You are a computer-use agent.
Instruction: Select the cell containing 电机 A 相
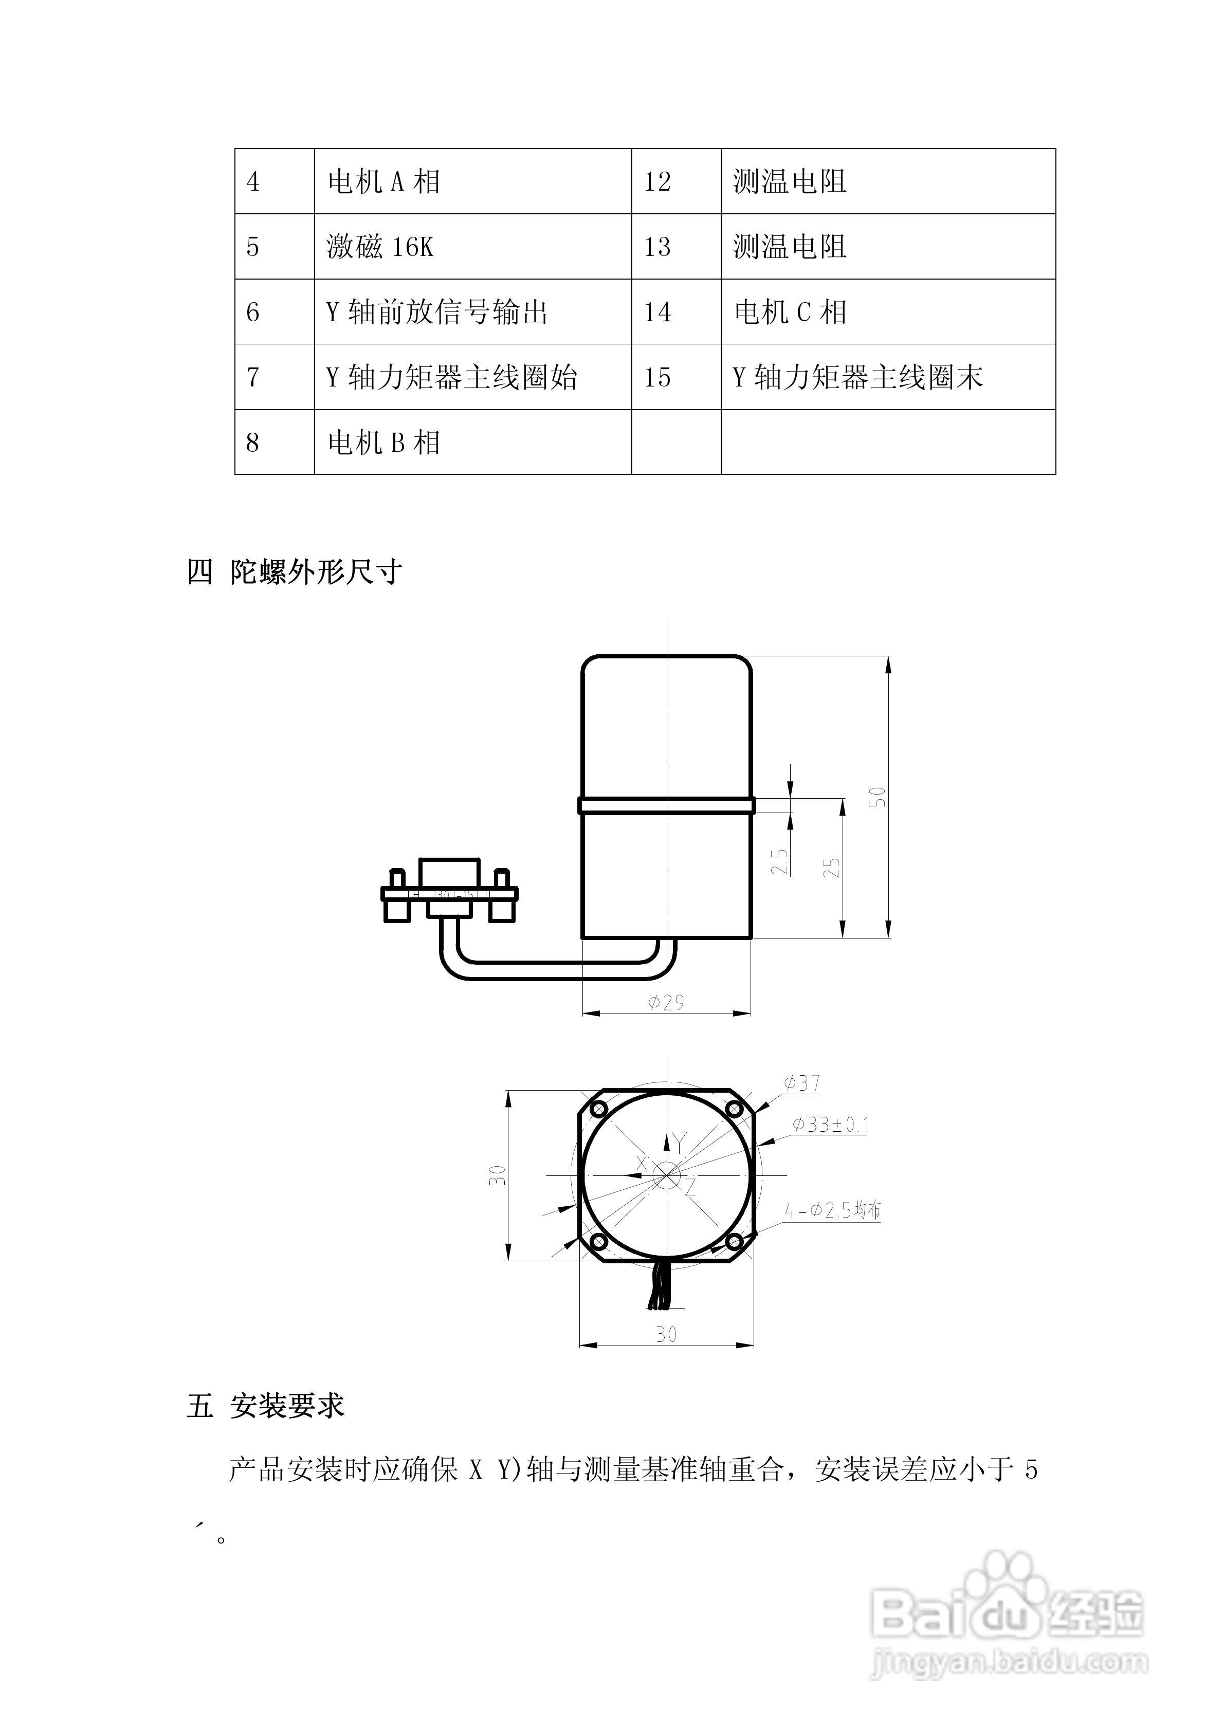(384, 182)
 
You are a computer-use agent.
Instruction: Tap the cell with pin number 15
(657, 377)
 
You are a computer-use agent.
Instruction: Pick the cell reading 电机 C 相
(790, 312)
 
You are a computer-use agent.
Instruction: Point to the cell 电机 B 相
(384, 443)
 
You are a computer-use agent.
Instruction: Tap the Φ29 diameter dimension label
(667, 1002)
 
